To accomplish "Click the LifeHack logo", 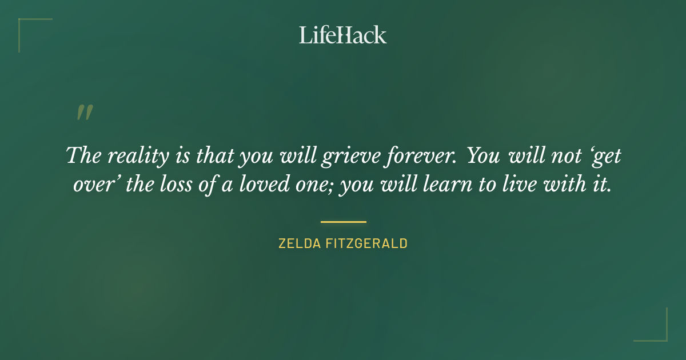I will pyautogui.click(x=343, y=35).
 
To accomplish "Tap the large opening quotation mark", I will pyautogui.click(x=85, y=113).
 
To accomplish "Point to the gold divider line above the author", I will pyautogui.click(x=343, y=222).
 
